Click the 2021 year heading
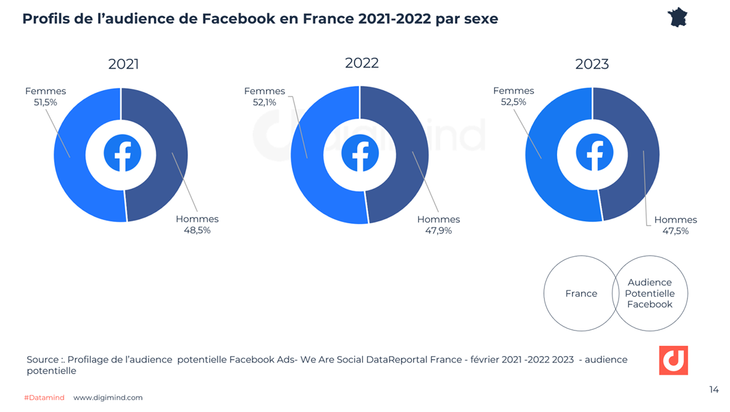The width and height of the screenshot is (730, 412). (x=123, y=65)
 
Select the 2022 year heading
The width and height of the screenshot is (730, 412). (x=361, y=63)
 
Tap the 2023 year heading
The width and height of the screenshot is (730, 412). (x=592, y=65)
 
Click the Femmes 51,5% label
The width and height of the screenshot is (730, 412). (x=46, y=97)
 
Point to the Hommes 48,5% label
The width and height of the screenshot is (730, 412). (x=196, y=225)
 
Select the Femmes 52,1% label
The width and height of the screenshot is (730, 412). (x=265, y=97)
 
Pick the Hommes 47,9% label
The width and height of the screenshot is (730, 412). (x=438, y=225)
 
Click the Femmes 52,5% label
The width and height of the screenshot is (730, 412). (x=513, y=97)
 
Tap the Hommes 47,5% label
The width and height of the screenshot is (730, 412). (x=675, y=225)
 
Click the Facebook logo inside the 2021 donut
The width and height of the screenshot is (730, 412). (x=121, y=155)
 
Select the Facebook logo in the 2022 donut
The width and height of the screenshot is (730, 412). (x=360, y=155)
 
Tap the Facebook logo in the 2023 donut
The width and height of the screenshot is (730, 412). (x=593, y=155)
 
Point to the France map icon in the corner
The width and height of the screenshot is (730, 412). (x=681, y=17)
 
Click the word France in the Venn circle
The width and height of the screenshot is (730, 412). (x=581, y=293)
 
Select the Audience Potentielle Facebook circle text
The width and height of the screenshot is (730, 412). (x=650, y=293)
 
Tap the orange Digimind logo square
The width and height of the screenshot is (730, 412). (x=673, y=360)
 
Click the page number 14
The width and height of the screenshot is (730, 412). (x=714, y=389)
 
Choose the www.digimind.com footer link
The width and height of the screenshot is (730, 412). (x=108, y=397)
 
